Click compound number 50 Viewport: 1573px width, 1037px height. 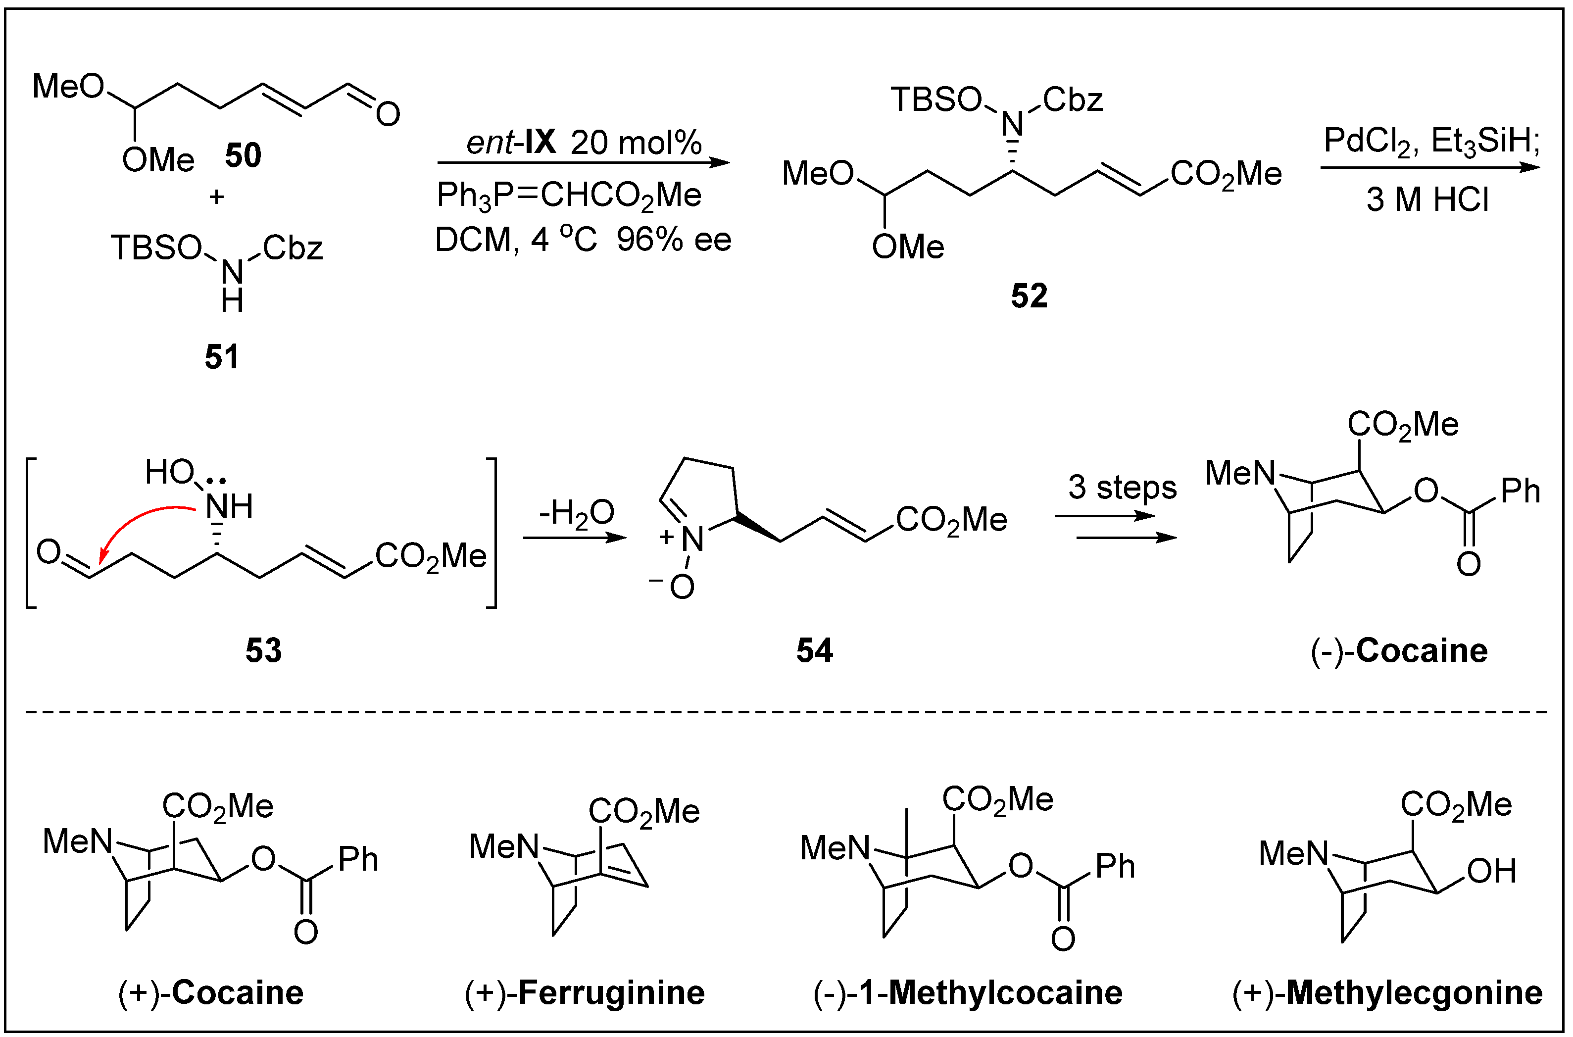243,156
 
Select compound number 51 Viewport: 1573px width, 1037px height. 222,357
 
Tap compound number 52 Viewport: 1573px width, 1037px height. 1029,296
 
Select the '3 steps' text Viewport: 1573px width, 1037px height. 1122,488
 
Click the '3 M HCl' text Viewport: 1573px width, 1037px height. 1427,200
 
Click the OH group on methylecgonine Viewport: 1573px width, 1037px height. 1491,872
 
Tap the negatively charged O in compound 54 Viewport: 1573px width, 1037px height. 681,586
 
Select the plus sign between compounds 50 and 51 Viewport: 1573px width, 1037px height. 216,197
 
